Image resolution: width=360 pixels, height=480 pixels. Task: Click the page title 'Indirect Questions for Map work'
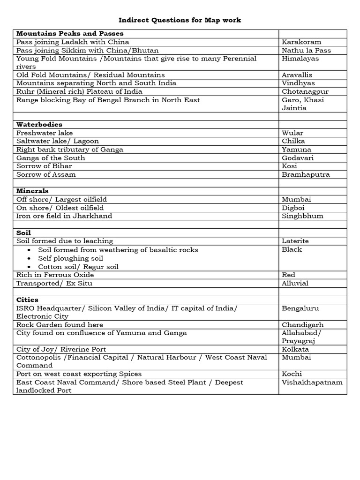point(180,20)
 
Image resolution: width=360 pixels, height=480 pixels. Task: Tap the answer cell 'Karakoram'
point(301,42)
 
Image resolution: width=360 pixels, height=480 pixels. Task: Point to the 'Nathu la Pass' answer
point(306,51)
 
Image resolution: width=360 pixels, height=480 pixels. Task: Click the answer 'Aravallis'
point(297,75)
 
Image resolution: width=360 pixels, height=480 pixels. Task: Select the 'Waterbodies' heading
point(39,125)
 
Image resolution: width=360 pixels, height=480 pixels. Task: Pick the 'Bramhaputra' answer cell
point(306,175)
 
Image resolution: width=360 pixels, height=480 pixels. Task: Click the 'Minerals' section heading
point(32,191)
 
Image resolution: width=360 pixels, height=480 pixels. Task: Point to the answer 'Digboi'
point(294,208)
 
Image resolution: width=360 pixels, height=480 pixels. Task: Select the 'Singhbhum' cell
point(303,216)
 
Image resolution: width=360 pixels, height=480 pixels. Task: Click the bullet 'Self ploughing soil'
point(71,258)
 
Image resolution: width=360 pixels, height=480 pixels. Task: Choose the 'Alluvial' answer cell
point(295,283)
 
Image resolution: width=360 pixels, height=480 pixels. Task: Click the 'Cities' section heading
point(27,300)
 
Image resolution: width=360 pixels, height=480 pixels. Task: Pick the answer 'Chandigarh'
point(302,325)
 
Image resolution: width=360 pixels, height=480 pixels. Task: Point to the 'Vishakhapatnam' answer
point(312,382)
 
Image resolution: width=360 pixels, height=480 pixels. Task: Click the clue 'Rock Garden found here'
point(60,325)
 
